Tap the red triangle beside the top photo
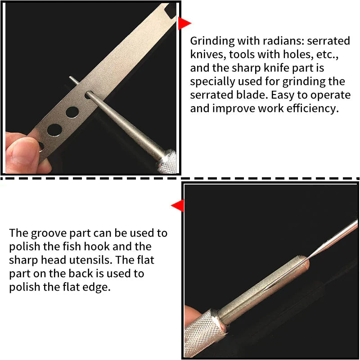click(x=184, y=23)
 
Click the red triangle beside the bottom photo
click(x=178, y=206)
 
